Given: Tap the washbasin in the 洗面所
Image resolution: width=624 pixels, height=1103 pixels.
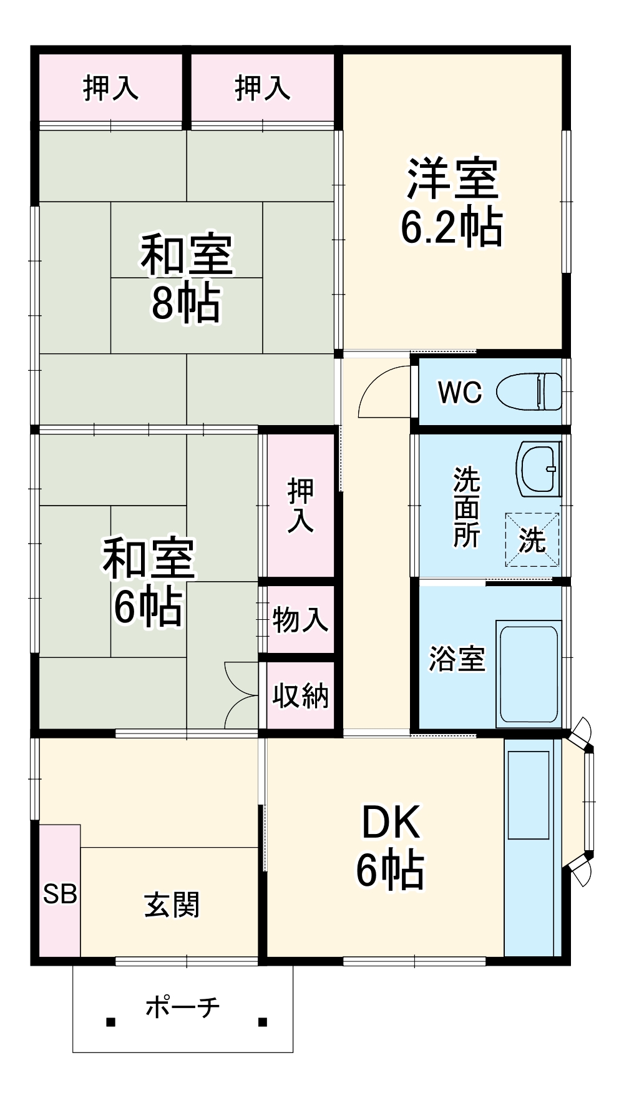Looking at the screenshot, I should click(x=538, y=469).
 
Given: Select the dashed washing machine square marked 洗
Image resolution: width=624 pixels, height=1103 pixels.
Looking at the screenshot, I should click(x=532, y=539).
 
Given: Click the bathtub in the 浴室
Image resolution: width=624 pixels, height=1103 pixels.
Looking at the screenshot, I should click(x=528, y=674).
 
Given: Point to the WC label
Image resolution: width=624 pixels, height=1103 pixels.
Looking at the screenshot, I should click(x=460, y=392).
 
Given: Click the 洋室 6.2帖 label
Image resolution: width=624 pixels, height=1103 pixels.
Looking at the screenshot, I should click(x=452, y=203).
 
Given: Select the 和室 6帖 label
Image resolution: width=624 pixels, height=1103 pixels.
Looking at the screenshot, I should click(x=149, y=582).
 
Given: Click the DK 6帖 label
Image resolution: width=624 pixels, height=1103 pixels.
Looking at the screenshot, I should click(x=391, y=846).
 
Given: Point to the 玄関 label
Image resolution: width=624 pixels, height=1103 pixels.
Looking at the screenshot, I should click(x=172, y=904).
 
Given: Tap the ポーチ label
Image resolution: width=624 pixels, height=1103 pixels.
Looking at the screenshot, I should click(x=182, y=1007).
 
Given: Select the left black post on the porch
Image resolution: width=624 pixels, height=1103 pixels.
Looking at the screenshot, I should click(x=110, y=1022).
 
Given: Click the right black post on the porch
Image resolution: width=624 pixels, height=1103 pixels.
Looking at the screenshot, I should click(x=263, y=1022).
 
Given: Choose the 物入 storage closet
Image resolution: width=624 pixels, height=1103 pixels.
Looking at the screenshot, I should click(x=300, y=620).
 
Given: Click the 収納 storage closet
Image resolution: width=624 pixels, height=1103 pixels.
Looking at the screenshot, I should click(x=300, y=695).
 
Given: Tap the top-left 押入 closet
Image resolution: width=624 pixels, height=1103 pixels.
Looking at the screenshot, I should click(x=110, y=87).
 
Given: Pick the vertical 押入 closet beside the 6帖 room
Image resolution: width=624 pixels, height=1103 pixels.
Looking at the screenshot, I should click(x=300, y=506).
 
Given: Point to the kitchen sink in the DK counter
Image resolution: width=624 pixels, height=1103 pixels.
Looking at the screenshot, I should click(x=528, y=795).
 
